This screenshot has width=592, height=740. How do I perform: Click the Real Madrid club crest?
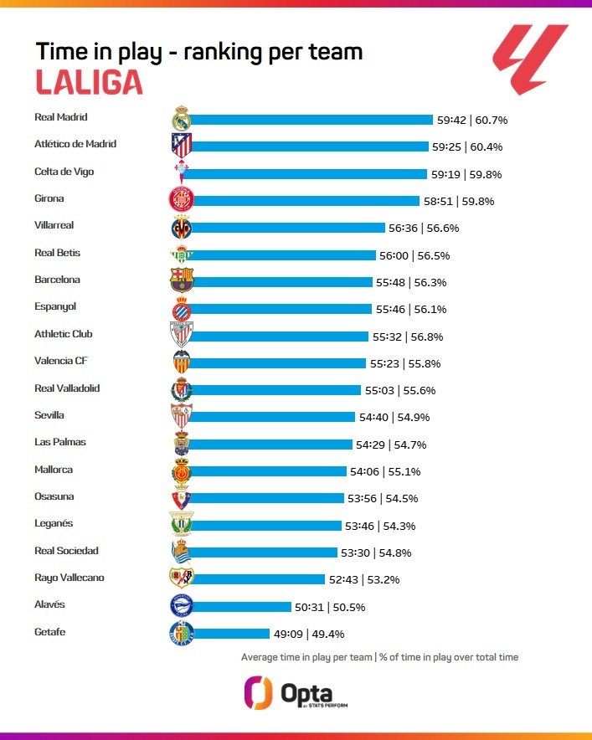[x=182, y=119]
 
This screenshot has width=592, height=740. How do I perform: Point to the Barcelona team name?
[x=57, y=280]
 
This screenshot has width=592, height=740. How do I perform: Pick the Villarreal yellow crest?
[x=182, y=227]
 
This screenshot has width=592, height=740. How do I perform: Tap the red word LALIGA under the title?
[x=89, y=82]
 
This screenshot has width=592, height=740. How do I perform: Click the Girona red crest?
[x=182, y=200]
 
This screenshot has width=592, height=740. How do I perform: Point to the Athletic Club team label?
[x=64, y=334]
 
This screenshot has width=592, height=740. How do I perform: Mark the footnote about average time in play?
[x=379, y=657]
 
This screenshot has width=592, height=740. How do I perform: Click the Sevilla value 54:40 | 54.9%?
[x=399, y=417]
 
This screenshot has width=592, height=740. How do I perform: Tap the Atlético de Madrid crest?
[x=182, y=146]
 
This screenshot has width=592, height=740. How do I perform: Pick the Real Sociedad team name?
[x=66, y=551]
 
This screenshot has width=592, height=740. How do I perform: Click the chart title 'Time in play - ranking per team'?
[x=198, y=51]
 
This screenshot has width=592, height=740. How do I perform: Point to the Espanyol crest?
[x=182, y=309]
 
